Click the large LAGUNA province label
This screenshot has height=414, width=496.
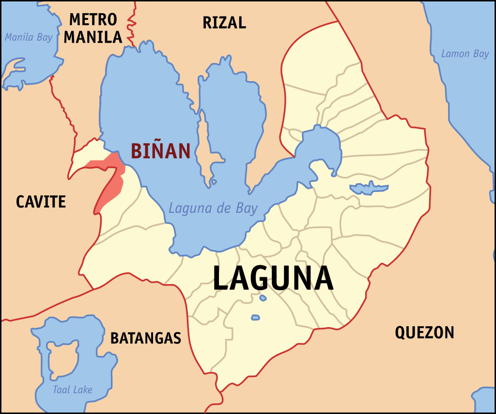point(273,278)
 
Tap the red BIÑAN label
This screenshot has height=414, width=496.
point(160,151)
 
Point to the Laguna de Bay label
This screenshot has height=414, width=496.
point(213,209)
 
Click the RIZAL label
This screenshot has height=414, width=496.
point(224,22)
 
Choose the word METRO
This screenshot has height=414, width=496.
point(93,20)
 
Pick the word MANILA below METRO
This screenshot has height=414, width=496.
point(93,37)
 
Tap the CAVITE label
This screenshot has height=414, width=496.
point(41,201)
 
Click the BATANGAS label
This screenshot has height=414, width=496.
point(145,338)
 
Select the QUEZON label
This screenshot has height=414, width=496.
point(424,333)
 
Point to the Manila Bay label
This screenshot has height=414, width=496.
point(29,37)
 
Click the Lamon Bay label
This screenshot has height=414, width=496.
point(465,54)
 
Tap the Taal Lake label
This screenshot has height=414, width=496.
point(73,390)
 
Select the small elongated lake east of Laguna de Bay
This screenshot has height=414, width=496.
point(369,188)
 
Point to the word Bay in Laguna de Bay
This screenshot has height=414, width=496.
point(248,209)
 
